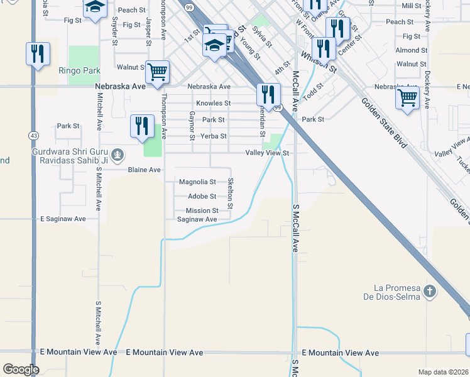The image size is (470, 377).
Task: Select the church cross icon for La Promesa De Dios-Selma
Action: (x=429, y=291)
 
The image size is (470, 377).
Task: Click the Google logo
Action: (x=21, y=369)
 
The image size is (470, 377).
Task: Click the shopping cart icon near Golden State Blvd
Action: (x=407, y=97)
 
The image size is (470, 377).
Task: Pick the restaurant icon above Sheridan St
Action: (x=268, y=94)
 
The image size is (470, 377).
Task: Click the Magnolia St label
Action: (x=197, y=182)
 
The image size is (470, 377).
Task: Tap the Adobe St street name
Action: (x=202, y=197)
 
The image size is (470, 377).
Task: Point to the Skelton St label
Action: (x=231, y=194)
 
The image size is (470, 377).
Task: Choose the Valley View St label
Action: (x=266, y=153)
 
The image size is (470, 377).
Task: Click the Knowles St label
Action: (x=213, y=103)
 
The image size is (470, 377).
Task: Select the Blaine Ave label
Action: (x=144, y=170)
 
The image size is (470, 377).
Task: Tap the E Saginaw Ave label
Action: (x=63, y=219)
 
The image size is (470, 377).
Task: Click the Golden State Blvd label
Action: (x=383, y=123)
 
